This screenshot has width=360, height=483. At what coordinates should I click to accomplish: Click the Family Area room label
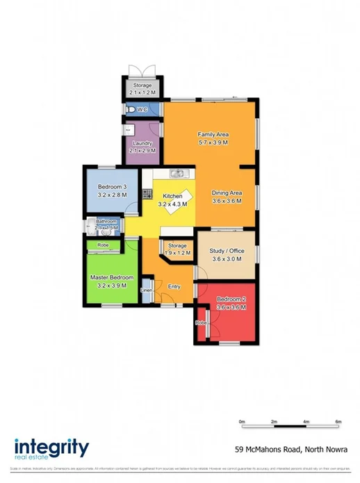point(213,134)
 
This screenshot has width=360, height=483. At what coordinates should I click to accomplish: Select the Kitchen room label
point(172,196)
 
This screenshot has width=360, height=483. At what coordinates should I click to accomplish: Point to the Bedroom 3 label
point(112,187)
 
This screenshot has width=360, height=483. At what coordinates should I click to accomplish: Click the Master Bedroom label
point(111,277)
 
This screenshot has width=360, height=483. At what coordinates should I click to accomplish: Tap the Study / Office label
point(227,250)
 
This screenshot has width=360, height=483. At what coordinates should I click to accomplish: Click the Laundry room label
point(142,143)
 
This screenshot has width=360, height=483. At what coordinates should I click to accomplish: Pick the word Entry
point(174,286)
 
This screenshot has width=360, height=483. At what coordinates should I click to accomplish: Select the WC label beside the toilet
point(142,110)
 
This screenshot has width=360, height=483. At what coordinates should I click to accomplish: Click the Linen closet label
point(147,290)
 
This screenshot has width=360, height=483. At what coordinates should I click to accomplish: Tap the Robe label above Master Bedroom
point(103,245)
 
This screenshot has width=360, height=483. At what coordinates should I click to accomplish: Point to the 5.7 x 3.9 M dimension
point(213,142)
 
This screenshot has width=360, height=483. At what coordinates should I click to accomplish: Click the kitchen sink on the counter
point(177,173)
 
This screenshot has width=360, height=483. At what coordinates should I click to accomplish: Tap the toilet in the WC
point(131,110)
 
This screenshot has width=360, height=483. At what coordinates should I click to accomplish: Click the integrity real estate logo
point(51,449)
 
